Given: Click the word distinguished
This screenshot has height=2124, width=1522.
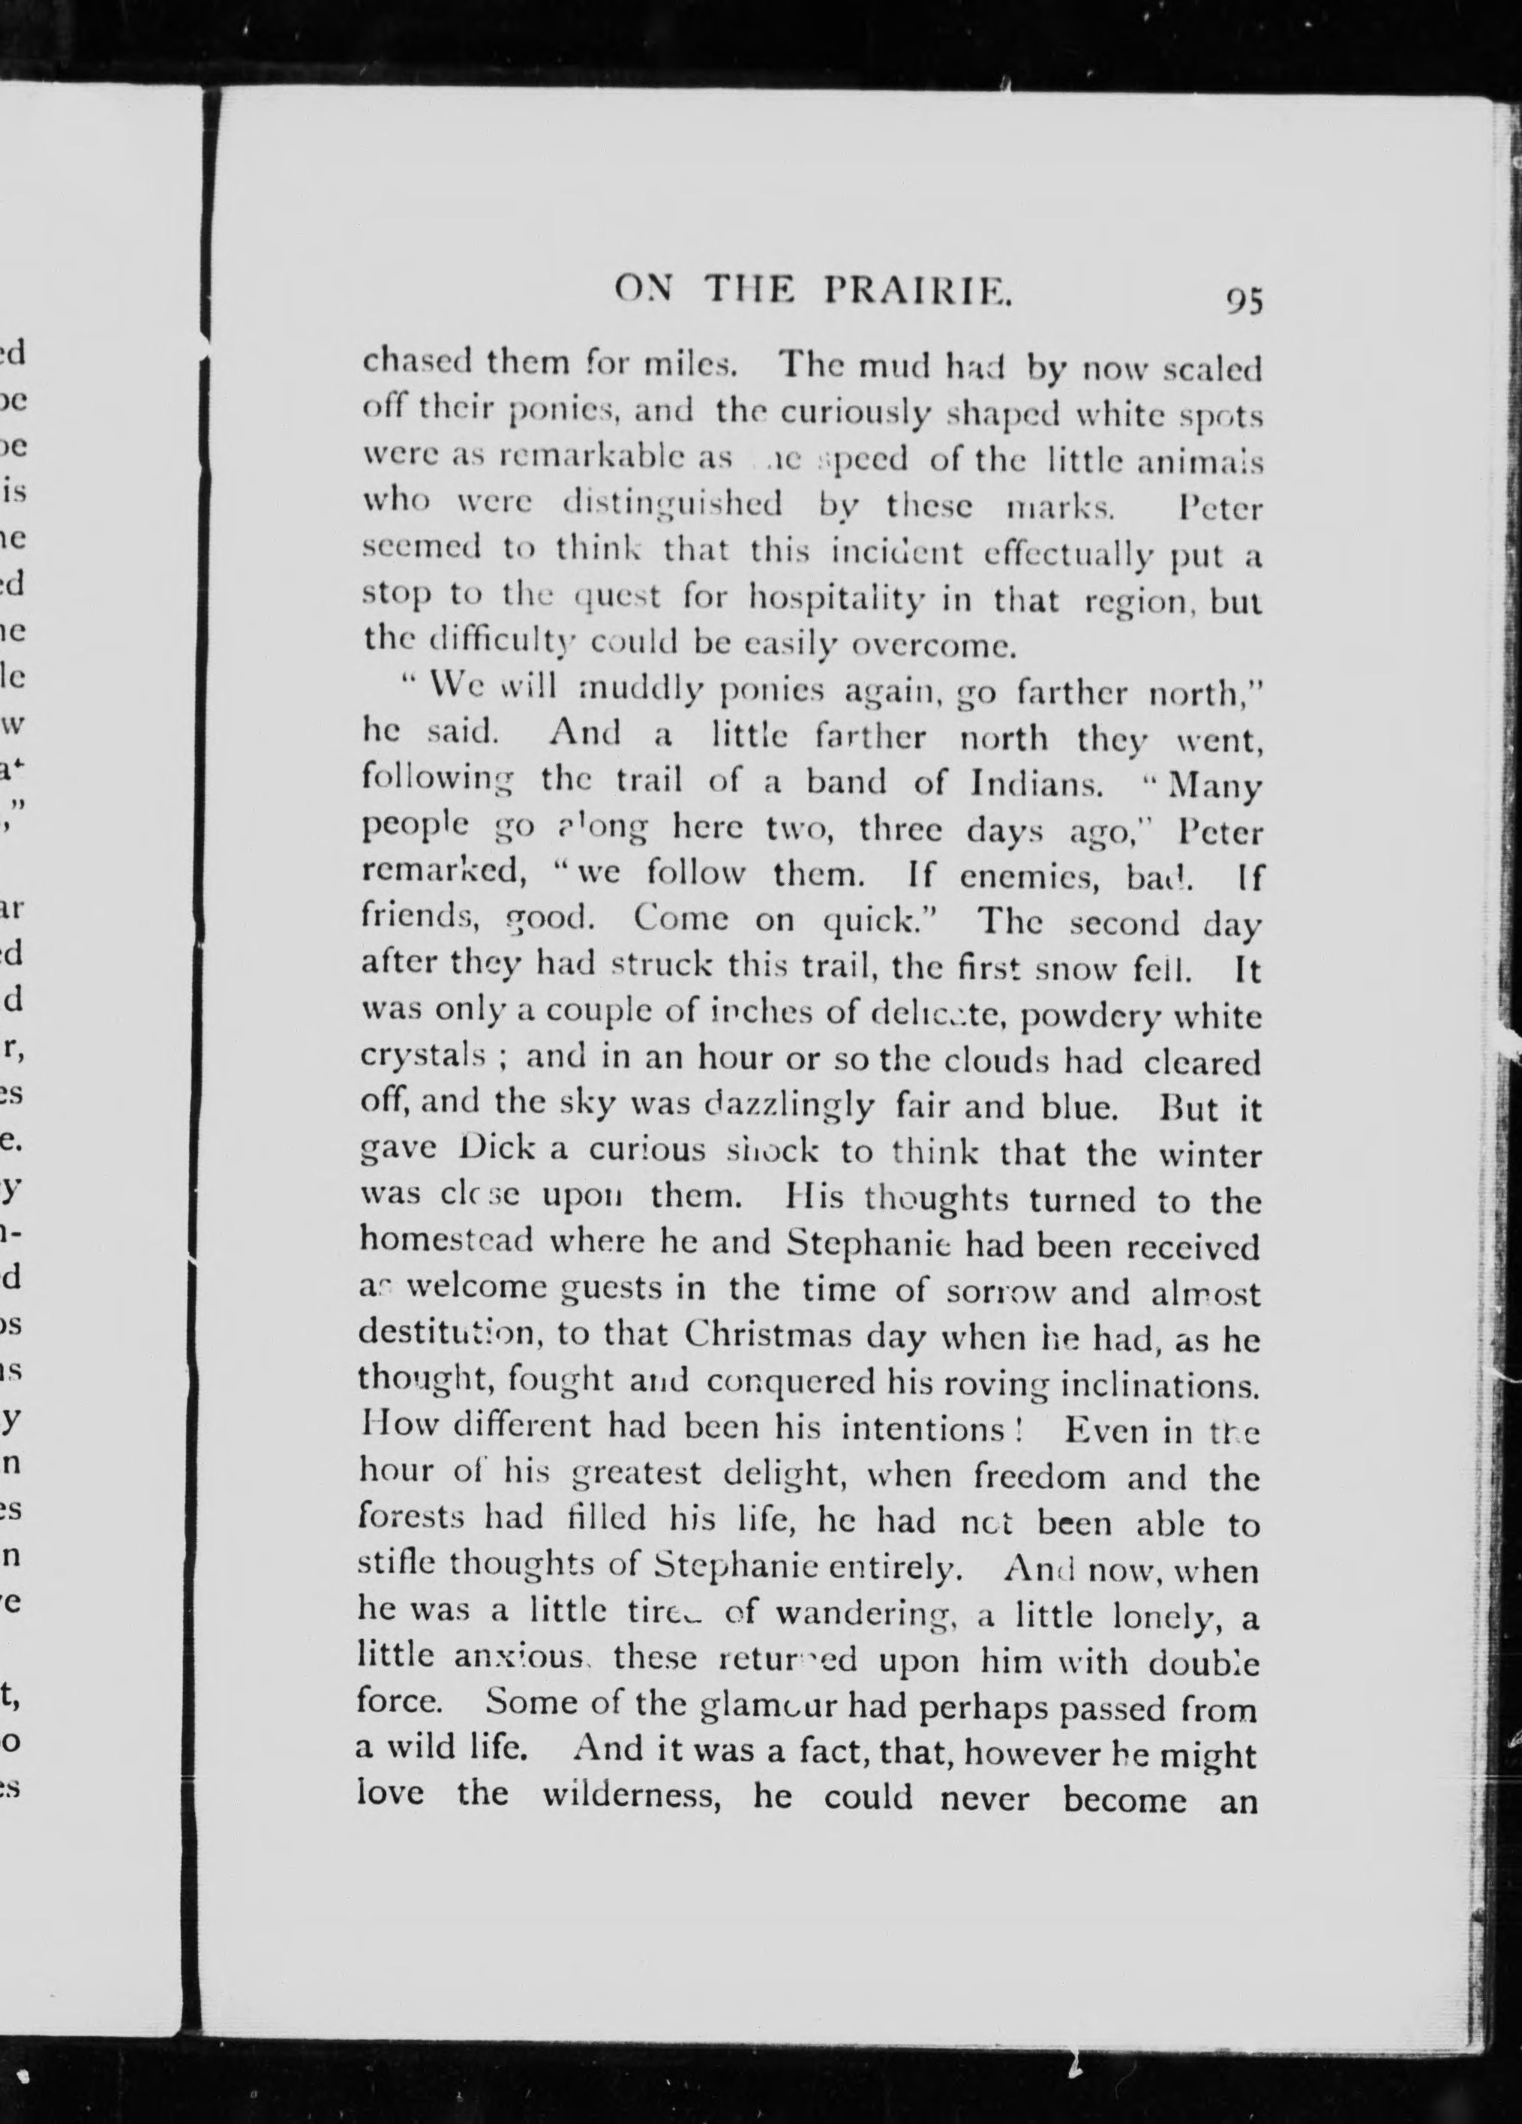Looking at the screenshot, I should pyautogui.click(x=673, y=507).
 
